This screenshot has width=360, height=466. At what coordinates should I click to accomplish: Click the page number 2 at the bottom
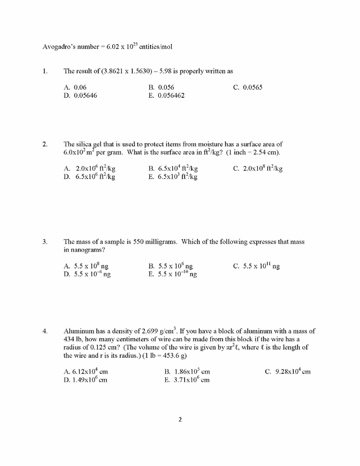[x=180, y=419]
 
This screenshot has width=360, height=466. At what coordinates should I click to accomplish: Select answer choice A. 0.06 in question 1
[x=75, y=87]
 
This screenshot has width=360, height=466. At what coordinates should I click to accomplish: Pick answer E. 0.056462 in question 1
[x=166, y=95]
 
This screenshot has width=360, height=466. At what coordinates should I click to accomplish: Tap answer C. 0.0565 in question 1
[x=248, y=87]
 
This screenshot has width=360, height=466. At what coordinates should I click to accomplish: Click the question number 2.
[x=45, y=144]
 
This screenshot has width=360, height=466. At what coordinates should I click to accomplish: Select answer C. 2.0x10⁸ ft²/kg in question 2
[x=258, y=168]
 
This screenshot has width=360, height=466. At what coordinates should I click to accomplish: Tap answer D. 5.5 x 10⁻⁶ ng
[x=87, y=274]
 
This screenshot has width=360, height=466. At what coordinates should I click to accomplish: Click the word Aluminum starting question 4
[x=78, y=331]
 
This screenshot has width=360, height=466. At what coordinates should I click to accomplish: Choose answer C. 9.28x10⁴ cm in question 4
[x=287, y=371]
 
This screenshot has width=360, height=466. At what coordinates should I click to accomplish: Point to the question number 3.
[x=45, y=241]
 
